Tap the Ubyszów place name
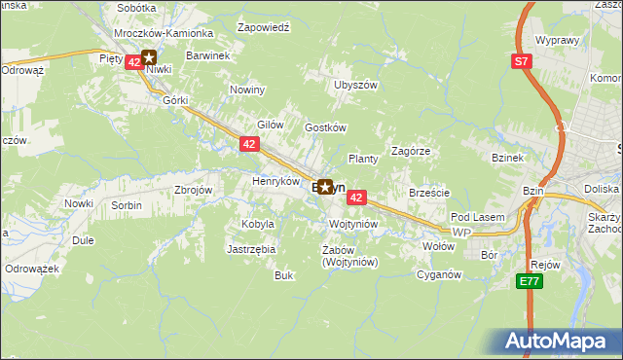(355, 85)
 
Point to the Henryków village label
(275, 181)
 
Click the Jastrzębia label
(251, 249)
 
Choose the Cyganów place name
(438, 274)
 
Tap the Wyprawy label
(558, 41)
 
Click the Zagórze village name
(411, 151)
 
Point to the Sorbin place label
(127, 205)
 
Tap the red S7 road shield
(522, 61)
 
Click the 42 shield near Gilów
(249, 144)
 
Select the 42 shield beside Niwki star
(133, 61)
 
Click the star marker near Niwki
(149, 58)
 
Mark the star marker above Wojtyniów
(324, 188)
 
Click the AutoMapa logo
(561, 342)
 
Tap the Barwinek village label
(207, 55)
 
